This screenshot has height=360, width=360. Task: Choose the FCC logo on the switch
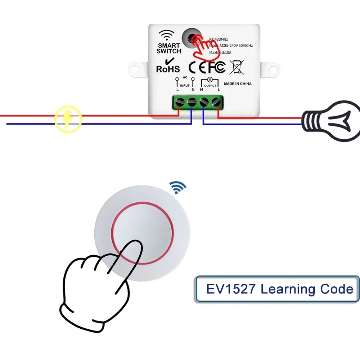(x=215, y=67)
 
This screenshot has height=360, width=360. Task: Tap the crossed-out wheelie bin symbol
(x=237, y=67)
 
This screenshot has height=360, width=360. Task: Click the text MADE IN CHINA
(x=238, y=84)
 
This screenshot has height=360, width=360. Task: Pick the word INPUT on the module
(x=185, y=86)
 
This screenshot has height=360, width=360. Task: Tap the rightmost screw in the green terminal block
(x=216, y=102)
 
